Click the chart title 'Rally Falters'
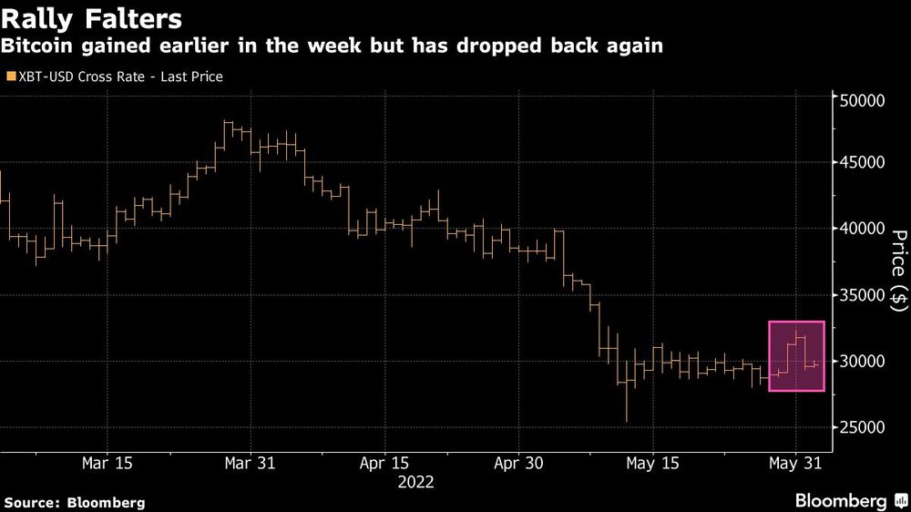91,18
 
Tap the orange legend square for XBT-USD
10,77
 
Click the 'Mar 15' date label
107,463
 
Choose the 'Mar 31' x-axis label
250,463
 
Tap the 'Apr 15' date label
384,463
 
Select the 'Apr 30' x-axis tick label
517,463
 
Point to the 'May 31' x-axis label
795,463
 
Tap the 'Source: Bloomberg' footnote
75,502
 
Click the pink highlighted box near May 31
796,356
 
